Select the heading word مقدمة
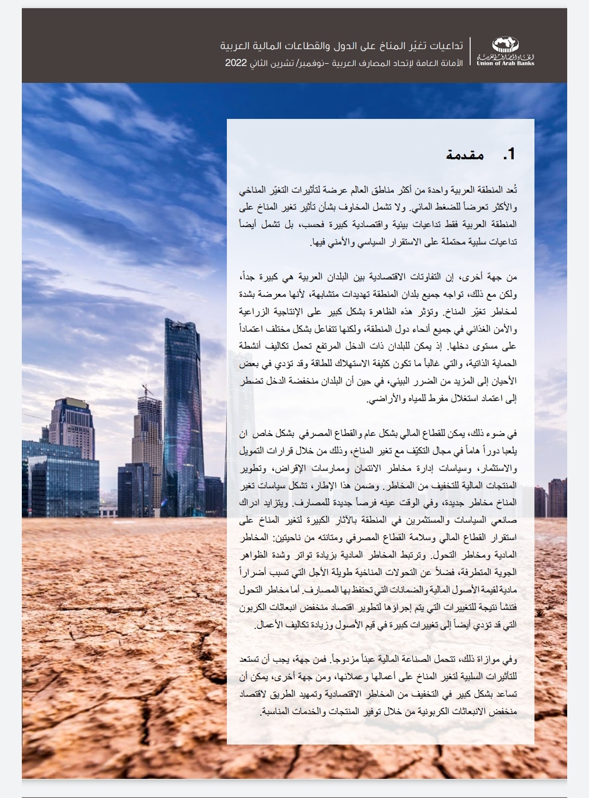click(x=465, y=154)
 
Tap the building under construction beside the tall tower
click(x=149, y=436)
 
